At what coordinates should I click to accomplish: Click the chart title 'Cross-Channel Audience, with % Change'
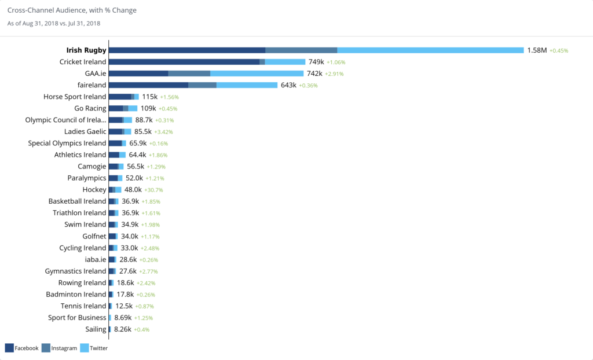coord(72,10)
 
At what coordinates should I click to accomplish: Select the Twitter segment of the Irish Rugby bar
coord(430,50)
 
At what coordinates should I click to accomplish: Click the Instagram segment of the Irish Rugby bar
coord(301,50)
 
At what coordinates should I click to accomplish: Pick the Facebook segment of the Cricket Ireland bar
coord(184,62)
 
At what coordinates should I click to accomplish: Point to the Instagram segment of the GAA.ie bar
coord(189,74)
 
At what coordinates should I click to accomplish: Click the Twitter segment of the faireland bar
coord(247,85)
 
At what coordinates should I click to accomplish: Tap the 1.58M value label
coord(537,50)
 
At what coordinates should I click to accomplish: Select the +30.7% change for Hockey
coord(153,190)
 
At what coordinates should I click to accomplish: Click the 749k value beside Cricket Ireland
coord(316,62)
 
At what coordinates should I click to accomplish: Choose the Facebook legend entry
coord(21,348)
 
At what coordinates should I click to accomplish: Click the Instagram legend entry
coord(59,348)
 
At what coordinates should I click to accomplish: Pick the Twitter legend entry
coord(94,348)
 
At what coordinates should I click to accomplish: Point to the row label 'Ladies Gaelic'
coord(85,131)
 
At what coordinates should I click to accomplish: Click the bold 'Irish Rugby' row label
coord(86,50)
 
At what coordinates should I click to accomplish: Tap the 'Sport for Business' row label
coord(77,318)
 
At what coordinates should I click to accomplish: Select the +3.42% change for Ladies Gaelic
coord(163,132)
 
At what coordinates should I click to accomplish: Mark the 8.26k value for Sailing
coord(123,329)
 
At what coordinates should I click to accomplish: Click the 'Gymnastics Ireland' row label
coord(75,271)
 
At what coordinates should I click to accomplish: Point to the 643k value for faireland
coord(288,85)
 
